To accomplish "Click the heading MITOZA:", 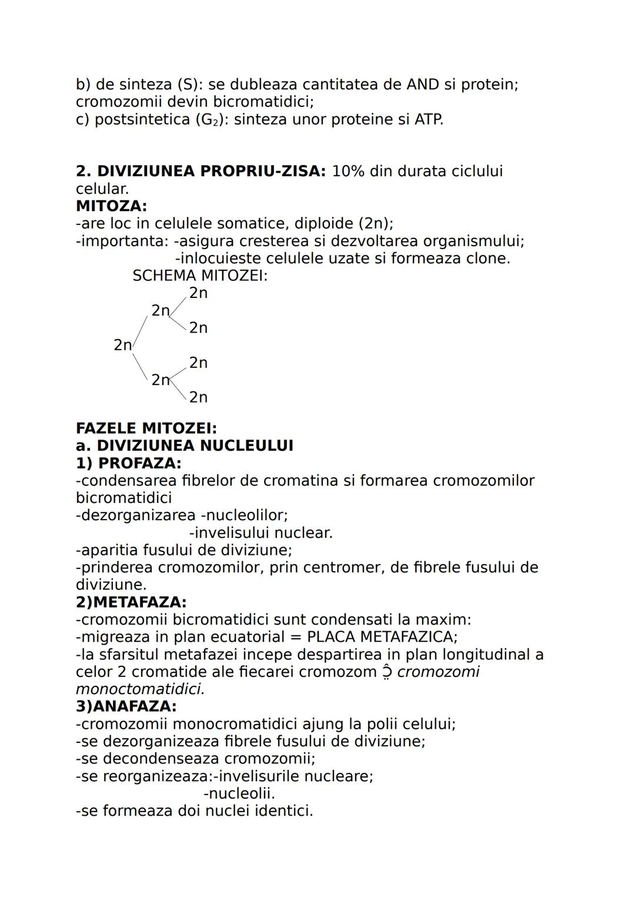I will coord(111,206).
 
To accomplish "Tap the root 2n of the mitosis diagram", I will coord(122,345).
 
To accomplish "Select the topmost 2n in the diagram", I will coord(198,293).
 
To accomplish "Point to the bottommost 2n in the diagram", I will coord(198,397).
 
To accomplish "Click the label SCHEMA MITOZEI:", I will coord(200,276).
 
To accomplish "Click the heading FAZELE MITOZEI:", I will coord(146,428).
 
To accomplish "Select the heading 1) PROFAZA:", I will coord(128,463).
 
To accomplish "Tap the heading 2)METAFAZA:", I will coord(131,602).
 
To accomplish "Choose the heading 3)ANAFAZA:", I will coord(126,706).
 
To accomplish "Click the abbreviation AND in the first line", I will coord(422,85).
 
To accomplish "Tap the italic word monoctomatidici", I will coord(140,689).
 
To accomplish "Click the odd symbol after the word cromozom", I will coord(386,672).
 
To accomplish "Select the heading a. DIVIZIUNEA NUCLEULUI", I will coord(184,445).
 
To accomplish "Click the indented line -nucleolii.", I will coord(239,793).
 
